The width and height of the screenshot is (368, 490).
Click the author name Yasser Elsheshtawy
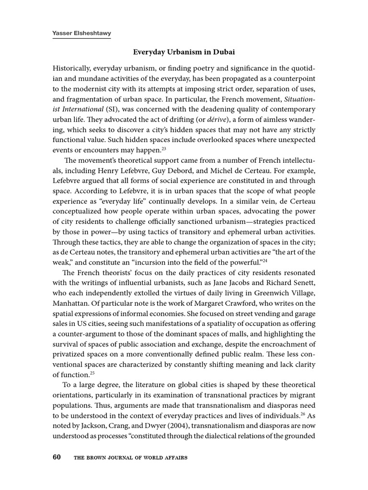[x=81, y=34]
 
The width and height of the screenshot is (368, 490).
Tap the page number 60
[x=57, y=457]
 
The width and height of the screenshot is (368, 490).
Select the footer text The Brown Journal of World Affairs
[x=130, y=458]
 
